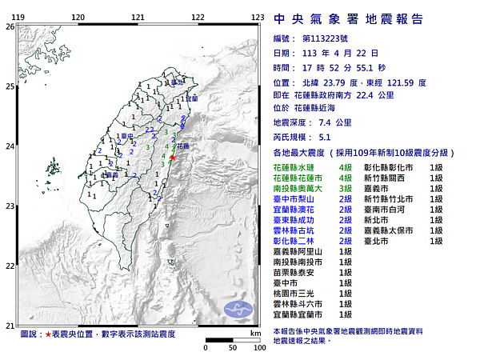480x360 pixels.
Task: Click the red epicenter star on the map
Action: click(x=172, y=158)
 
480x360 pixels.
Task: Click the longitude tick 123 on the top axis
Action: click(x=258, y=17)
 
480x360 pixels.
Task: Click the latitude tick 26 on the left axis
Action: click(x=9, y=26)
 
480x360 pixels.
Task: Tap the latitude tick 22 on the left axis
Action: click(x=9, y=266)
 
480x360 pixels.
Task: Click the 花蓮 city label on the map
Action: click(x=182, y=147)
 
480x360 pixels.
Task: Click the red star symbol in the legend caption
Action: click(x=49, y=333)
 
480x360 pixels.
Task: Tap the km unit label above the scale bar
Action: click(x=254, y=332)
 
